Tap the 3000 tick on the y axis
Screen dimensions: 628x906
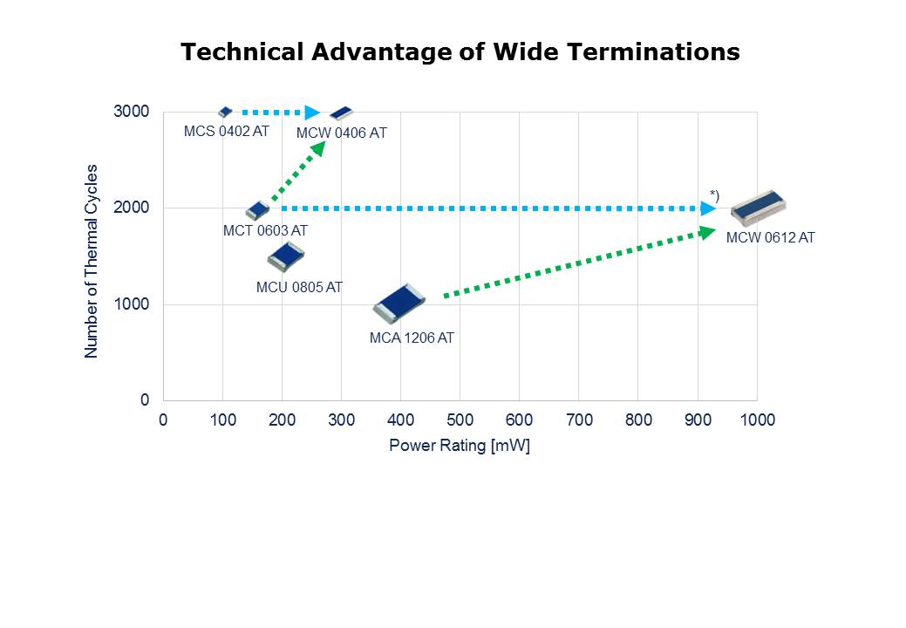point(132,112)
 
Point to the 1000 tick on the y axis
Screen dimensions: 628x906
point(132,304)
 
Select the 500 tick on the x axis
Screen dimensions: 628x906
point(460,420)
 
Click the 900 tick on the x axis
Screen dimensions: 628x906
point(698,420)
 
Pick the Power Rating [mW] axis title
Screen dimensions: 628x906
point(460,446)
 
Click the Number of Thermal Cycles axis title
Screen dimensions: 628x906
point(92,261)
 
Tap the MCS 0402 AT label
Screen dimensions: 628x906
point(227,131)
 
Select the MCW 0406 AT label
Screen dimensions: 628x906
point(341,133)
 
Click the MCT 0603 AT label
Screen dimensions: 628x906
point(265,230)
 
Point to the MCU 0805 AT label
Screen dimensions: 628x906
point(299,287)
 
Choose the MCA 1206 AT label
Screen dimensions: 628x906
point(412,338)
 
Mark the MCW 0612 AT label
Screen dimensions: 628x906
point(770,237)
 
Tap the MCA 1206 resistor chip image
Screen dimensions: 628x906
point(399,303)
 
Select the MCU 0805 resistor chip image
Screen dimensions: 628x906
point(285,256)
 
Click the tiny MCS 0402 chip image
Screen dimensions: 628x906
point(225,112)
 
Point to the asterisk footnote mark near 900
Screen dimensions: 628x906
point(714,194)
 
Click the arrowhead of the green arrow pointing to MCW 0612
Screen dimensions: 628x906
point(707,231)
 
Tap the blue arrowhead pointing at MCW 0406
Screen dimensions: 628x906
point(313,113)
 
